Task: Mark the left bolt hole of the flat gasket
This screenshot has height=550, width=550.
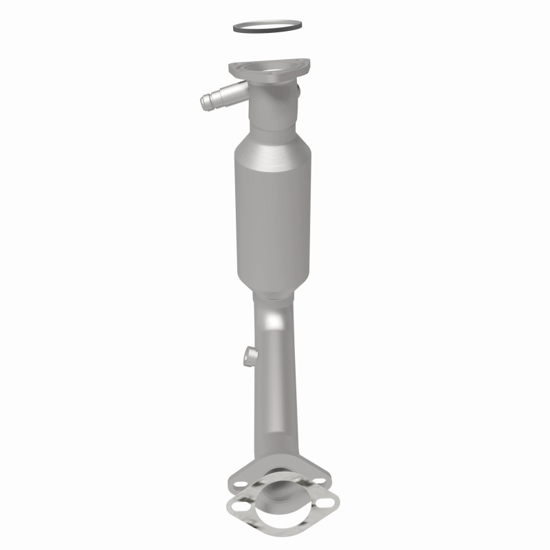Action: tap(239, 507)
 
